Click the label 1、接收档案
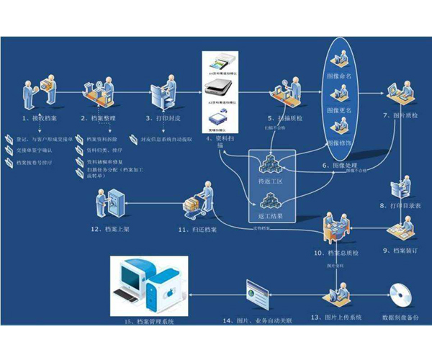[x=42, y=117]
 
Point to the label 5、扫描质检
[x=287, y=117]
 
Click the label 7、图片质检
[x=399, y=114]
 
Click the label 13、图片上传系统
[x=336, y=317]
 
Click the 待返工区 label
[x=271, y=181]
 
